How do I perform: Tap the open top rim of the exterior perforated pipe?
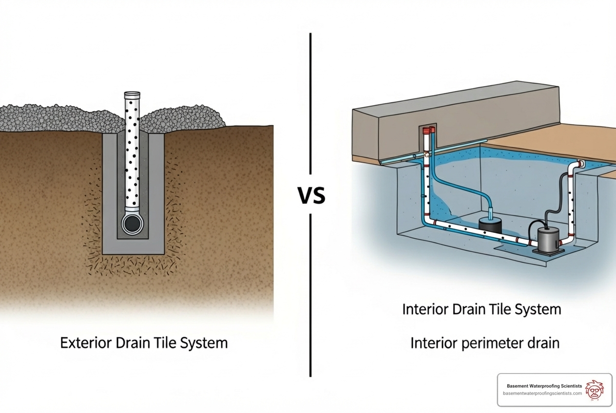click(132, 94)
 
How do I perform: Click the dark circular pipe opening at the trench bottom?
click(132, 224)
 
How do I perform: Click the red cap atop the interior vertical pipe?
click(427, 131)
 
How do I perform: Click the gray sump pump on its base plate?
click(548, 239)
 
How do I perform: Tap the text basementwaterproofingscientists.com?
click(542, 394)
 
